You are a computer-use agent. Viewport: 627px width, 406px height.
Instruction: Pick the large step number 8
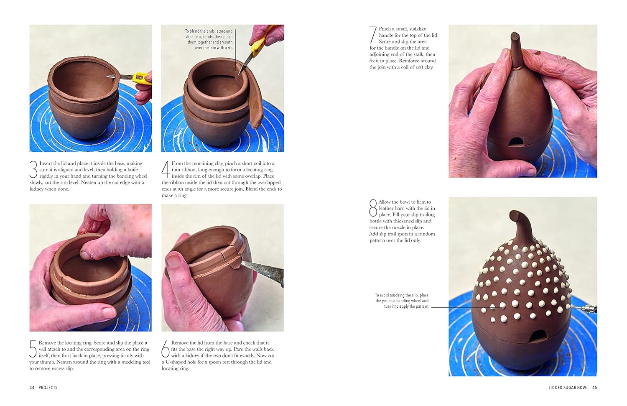pos(373,208)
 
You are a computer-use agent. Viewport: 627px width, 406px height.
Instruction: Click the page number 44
pos(32,388)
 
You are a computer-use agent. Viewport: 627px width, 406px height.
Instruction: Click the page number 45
pos(594,388)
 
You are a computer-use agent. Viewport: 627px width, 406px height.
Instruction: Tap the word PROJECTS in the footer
pos(48,388)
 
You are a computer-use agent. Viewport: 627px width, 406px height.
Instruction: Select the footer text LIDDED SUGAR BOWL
pos(568,388)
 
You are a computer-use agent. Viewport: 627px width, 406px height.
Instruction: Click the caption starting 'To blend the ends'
pos(209,39)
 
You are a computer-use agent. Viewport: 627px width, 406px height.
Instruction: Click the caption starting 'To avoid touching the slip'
pos(402,301)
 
